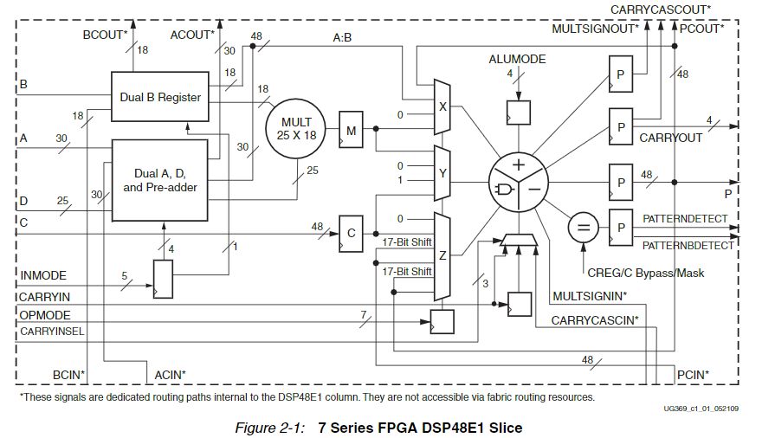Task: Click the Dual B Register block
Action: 160,98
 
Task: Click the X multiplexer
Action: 442,107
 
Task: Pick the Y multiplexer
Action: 442,172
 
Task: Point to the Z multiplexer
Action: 442,256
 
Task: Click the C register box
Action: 352,233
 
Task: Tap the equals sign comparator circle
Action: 583,229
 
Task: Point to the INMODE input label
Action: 42,276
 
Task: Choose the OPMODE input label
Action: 44,315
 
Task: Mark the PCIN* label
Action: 693,374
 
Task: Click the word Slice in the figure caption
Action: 503,428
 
